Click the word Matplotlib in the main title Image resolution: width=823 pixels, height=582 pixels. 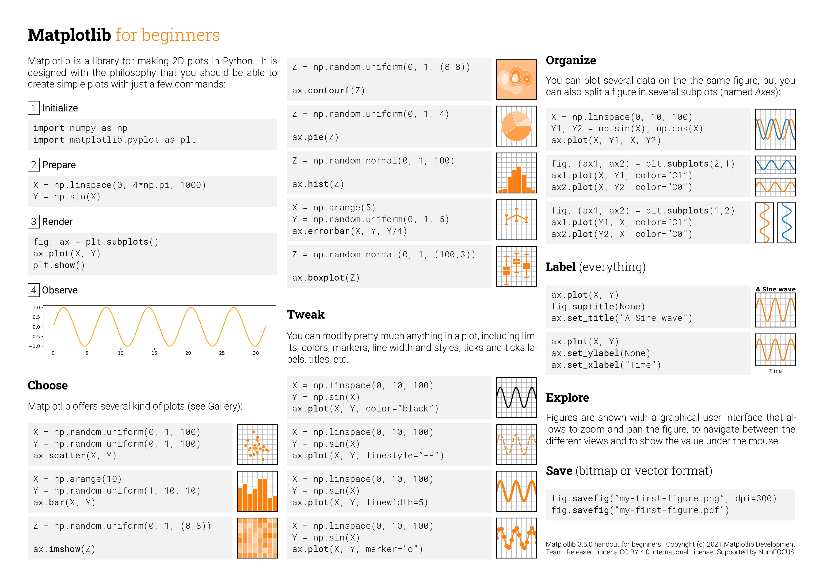(x=69, y=35)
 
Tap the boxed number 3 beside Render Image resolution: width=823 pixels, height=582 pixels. (x=34, y=221)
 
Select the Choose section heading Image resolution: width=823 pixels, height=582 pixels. (x=48, y=386)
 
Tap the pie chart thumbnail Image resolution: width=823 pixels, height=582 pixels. (x=516, y=126)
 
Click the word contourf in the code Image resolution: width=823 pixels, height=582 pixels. (x=328, y=91)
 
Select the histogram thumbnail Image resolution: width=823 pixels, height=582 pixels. (x=516, y=173)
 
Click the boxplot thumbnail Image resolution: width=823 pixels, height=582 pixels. (x=516, y=267)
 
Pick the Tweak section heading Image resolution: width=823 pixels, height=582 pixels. (x=305, y=315)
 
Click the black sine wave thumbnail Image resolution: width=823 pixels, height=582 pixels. (x=516, y=397)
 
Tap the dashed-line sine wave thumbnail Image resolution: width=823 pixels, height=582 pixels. (x=516, y=444)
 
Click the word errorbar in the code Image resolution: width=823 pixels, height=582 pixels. (x=328, y=231)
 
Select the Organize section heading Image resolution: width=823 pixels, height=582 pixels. (x=571, y=61)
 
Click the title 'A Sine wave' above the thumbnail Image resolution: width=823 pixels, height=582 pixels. (x=775, y=289)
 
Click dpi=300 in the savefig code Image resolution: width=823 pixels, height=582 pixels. (x=756, y=498)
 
